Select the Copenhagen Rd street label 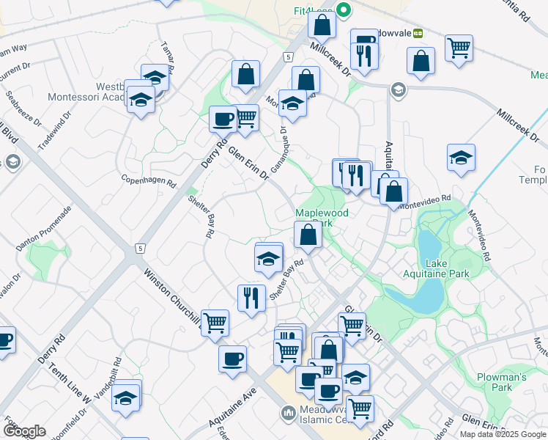pos(149,180)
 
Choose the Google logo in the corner pos(24,431)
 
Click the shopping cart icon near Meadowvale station pos(459,48)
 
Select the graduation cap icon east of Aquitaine pos(459,158)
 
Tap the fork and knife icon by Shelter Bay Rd pos(251,297)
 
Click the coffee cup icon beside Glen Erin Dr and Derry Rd pos(223,117)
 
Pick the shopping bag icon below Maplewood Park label pos(308,235)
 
